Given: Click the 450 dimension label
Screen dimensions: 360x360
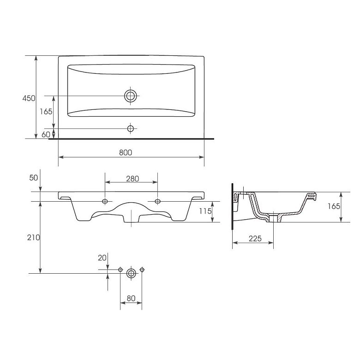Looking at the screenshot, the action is click(29, 98).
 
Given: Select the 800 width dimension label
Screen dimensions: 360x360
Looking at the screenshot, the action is click(126, 152).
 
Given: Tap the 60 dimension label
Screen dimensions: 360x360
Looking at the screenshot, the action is click(46, 135).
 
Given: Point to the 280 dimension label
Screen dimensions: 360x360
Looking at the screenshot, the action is click(132, 179).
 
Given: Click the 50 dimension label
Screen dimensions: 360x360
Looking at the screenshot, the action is click(34, 178).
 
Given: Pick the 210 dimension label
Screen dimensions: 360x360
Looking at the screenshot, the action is click(34, 237).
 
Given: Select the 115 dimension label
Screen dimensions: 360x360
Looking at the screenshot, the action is click(205, 211).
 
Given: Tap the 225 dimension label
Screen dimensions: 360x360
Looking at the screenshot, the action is click(255, 239).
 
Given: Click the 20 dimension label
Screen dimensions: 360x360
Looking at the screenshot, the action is click(102, 258).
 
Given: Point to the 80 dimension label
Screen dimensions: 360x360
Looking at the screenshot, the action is click(131, 298).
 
